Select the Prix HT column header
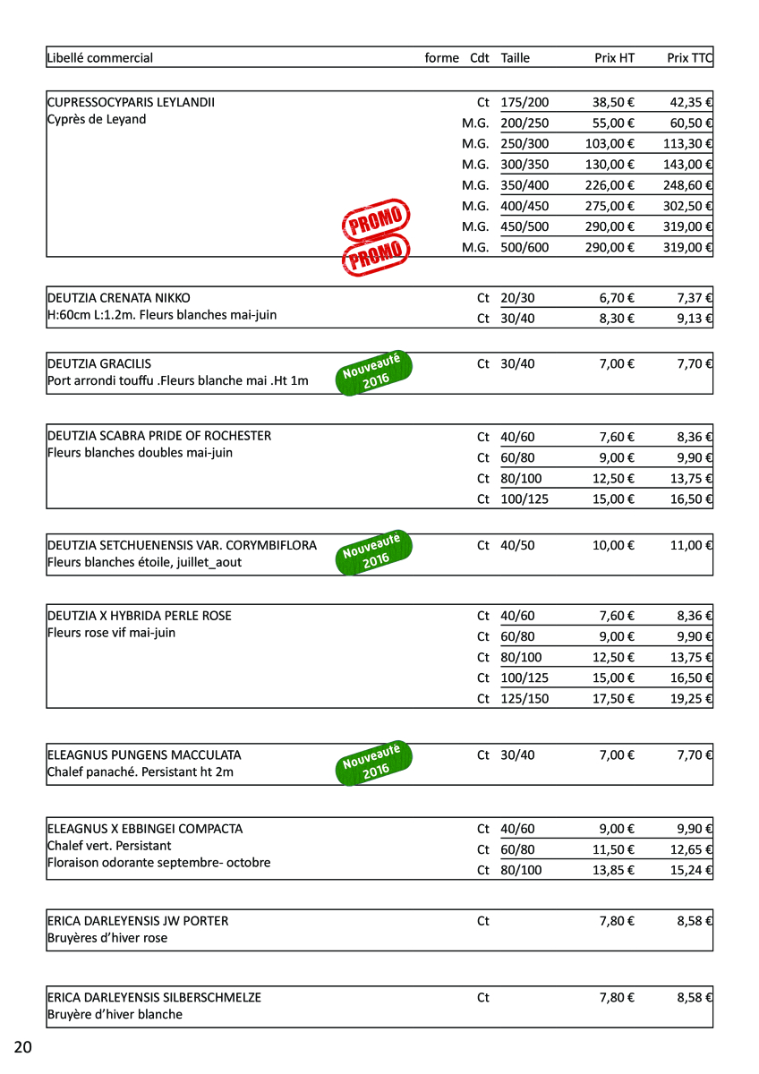click(614, 58)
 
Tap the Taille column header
click(516, 58)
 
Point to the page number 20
click(23, 1047)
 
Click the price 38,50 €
click(614, 103)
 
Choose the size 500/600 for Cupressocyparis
click(524, 248)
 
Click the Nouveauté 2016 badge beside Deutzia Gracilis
click(374, 373)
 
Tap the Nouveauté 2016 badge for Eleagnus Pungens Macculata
click(374, 763)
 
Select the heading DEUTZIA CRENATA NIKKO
click(118, 298)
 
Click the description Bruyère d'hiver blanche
click(115, 1014)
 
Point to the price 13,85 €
click(614, 870)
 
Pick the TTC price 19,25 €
click(691, 699)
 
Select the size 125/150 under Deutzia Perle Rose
click(524, 699)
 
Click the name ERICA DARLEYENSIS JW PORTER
click(138, 921)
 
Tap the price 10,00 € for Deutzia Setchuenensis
click(614, 545)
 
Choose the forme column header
click(441, 58)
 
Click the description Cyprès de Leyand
click(97, 120)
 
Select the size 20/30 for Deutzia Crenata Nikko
click(517, 298)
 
